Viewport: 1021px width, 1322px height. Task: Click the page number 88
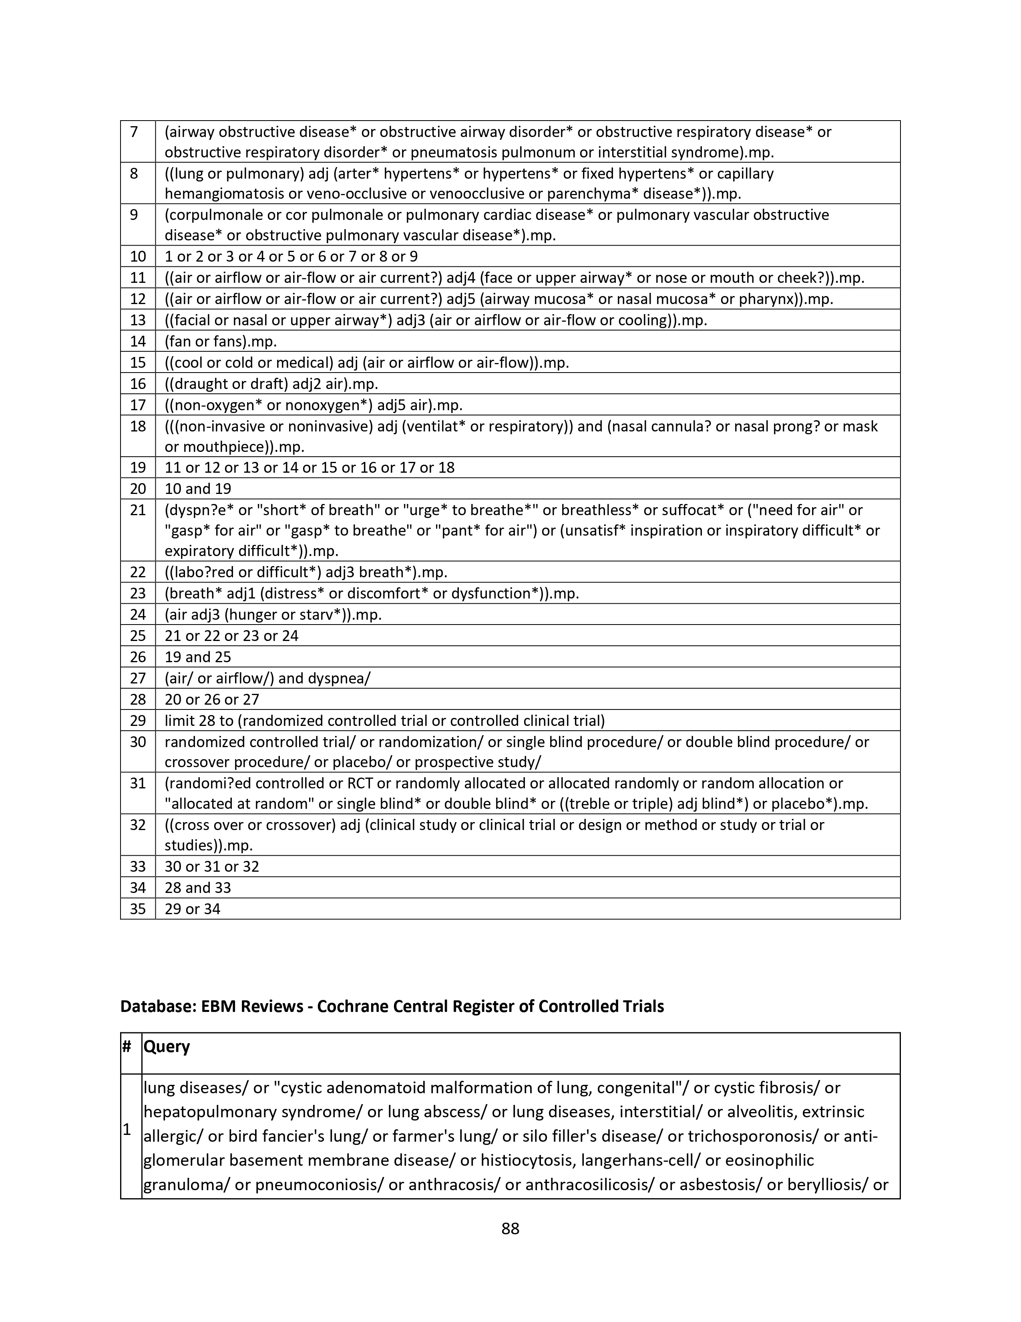pyautogui.click(x=510, y=1228)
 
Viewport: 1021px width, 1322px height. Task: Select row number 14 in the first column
pyautogui.click(x=138, y=341)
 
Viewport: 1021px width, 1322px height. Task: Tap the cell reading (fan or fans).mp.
pyautogui.click(x=221, y=341)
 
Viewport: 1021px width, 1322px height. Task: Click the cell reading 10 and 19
pyautogui.click(x=198, y=488)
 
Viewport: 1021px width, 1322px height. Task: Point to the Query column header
pyautogui.click(x=167, y=1046)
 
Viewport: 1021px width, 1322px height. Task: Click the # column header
pyautogui.click(x=127, y=1046)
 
